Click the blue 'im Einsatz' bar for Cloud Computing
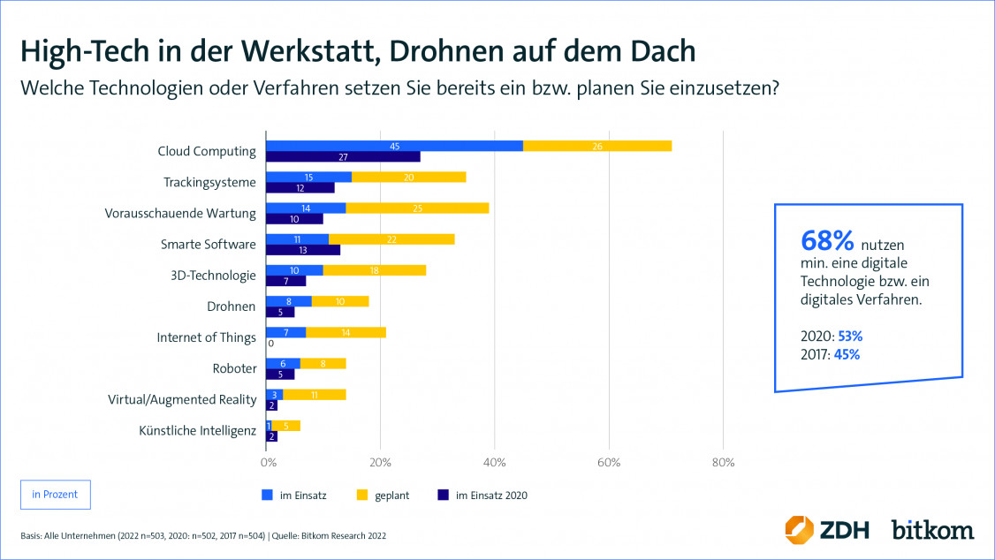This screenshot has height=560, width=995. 394,146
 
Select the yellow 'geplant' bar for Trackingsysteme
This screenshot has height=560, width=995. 408,177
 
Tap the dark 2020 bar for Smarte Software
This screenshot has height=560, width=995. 303,250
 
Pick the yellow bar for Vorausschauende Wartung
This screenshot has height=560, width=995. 416,208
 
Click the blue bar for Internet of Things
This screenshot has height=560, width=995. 286,332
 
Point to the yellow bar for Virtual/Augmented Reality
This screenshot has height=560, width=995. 315,394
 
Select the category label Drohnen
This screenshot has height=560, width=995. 232,306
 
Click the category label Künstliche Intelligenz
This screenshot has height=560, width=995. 197,430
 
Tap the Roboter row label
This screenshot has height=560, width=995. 234,368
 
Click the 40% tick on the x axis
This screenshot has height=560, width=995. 495,461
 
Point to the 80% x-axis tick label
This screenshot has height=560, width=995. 723,461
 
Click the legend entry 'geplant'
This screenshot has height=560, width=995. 390,496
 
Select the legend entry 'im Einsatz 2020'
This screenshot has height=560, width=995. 490,496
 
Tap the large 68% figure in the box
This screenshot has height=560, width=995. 827,240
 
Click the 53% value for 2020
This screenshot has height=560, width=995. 849,337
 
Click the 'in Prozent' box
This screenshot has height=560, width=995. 55,495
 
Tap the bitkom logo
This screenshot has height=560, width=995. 932,530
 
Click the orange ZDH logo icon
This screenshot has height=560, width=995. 800,529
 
